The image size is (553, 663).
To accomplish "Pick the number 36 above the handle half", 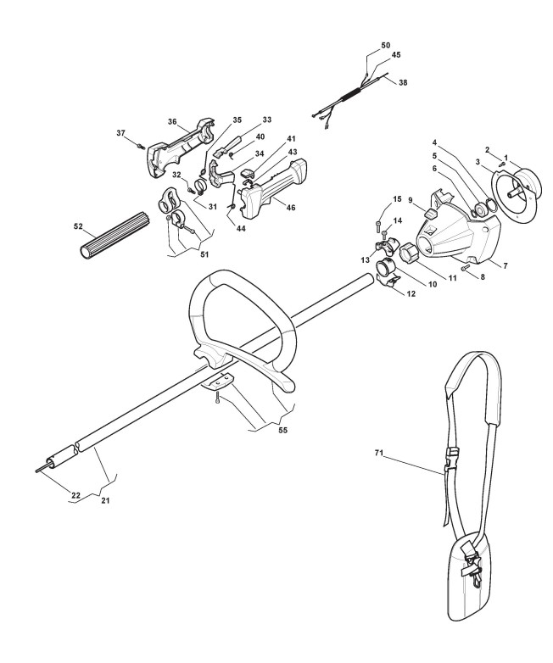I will point(173,122).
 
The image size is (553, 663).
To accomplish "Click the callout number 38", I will point(403,83).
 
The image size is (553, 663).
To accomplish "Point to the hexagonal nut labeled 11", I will point(411,253).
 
